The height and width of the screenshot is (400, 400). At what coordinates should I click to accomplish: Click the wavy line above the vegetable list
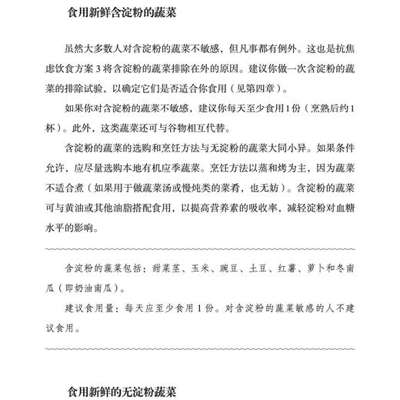(200, 248)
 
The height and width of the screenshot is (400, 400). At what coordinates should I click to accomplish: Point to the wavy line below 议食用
(200, 349)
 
